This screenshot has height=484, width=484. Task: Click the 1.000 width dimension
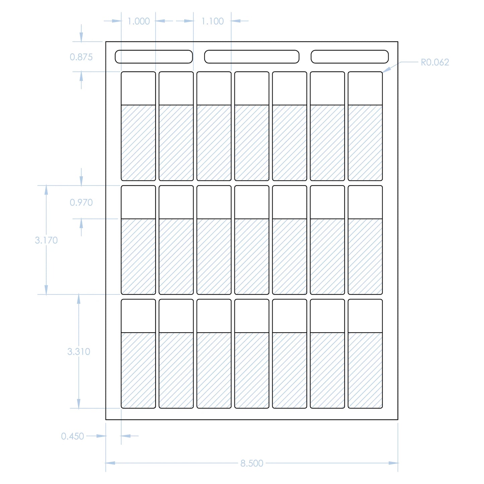coord(139,21)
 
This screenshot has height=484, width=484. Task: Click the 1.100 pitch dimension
coord(212,21)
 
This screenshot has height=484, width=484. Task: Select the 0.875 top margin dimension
coord(81,57)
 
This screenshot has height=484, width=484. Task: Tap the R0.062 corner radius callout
coord(435,62)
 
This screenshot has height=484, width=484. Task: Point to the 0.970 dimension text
coord(81,202)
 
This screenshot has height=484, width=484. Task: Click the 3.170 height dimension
coord(46,240)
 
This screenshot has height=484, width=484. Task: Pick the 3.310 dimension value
coord(79,351)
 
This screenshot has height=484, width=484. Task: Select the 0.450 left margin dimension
coord(72,436)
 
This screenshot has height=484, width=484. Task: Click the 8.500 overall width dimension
coord(252,463)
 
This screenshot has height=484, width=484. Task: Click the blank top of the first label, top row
coord(138,88)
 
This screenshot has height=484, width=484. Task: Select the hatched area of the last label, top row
coord(365,143)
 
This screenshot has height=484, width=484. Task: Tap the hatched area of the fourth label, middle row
coord(252,257)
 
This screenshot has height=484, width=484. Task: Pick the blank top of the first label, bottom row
coord(138,316)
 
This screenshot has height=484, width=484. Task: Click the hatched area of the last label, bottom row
coord(365,370)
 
